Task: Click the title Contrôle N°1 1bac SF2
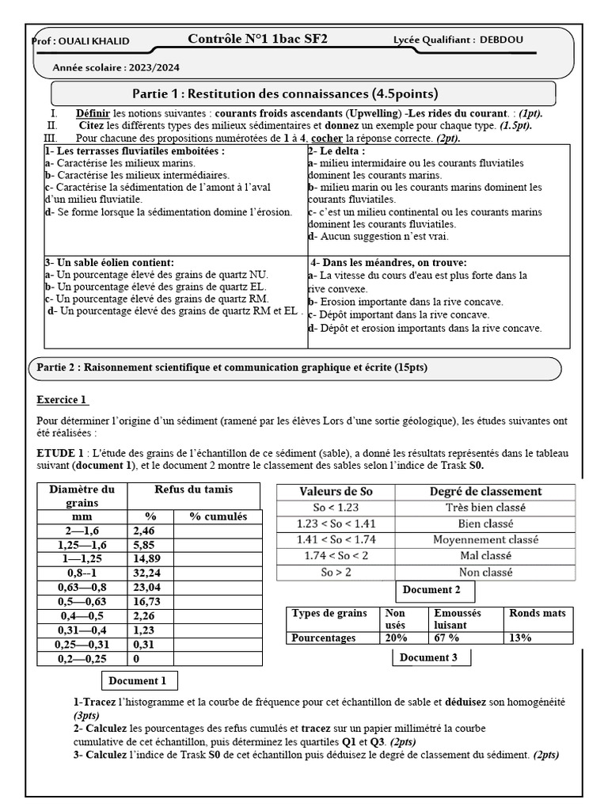click(269, 39)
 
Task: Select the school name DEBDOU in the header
click(500, 40)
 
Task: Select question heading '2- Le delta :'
click(336, 150)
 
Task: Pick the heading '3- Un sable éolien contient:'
click(109, 262)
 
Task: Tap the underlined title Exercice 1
click(63, 399)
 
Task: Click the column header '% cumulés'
click(218, 516)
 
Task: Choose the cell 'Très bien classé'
click(485, 508)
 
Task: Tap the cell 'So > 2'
click(335, 572)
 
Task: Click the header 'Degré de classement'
click(485, 491)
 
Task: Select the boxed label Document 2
click(431, 590)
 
